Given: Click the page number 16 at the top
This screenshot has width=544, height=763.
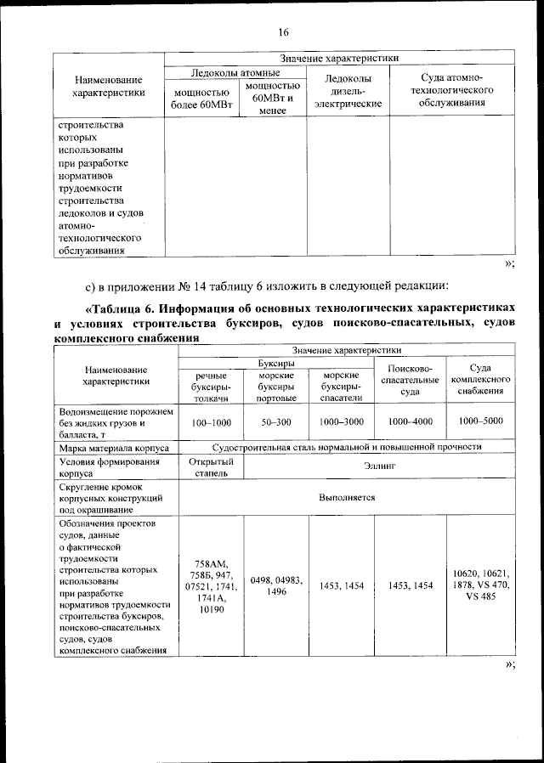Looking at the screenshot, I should point(283,32).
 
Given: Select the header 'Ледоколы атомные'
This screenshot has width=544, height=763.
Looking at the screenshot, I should point(235,74).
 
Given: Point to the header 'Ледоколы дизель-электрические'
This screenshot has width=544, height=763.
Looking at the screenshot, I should point(348,91).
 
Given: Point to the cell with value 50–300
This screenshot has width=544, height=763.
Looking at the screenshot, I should point(276,421).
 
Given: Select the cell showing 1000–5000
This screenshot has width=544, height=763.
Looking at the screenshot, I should point(480,421).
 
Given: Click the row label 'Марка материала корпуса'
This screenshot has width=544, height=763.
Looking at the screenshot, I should point(114,447).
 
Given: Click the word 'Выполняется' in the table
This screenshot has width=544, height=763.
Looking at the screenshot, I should point(347,498).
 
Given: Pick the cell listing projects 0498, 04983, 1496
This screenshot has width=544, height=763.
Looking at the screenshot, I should point(276,585).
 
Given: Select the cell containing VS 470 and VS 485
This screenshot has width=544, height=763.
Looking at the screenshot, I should point(480,585).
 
